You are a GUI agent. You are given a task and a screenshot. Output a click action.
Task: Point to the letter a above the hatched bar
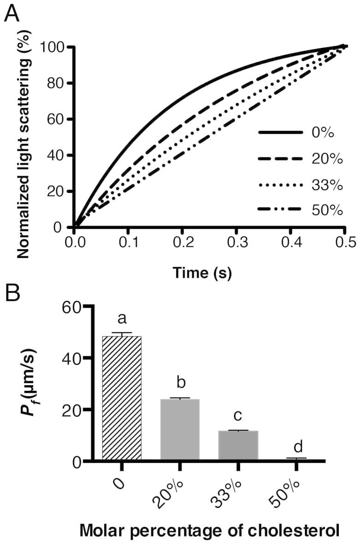tap(122, 319)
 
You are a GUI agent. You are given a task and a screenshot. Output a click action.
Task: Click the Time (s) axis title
tap(203, 273)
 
